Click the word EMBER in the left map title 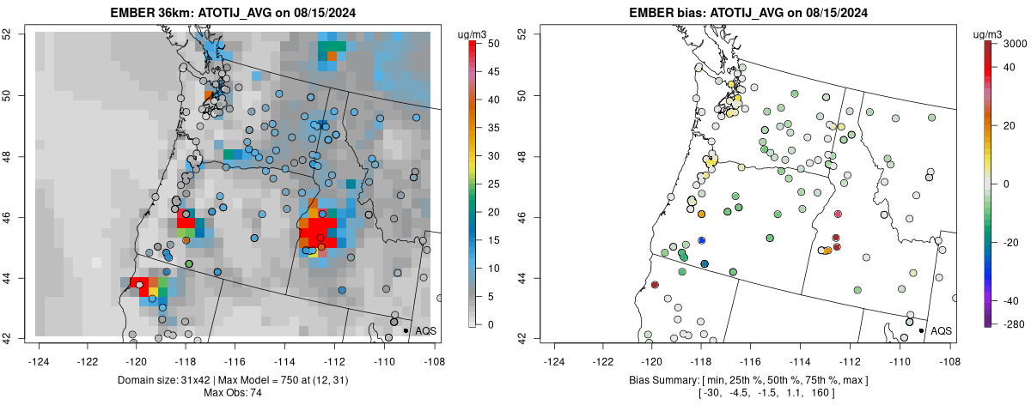click(130, 13)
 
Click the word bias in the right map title click(683, 13)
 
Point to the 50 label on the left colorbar click(490, 43)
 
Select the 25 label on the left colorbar click(490, 184)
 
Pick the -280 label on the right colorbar click(1013, 323)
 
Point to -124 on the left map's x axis click(39, 352)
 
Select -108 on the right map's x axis click(948, 352)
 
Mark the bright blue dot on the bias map click(702, 240)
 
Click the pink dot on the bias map click(838, 214)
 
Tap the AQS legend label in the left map click(425, 330)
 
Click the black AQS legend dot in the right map click(921, 330)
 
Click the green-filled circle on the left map click(189, 263)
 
